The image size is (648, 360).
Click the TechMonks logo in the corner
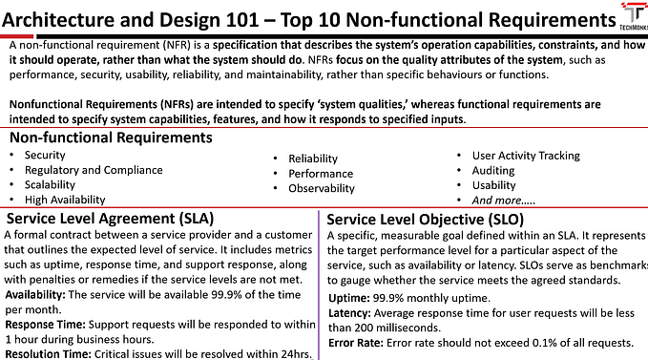point(630,21)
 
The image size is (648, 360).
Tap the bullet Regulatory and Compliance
point(80,170)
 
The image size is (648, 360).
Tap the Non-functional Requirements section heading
point(109,138)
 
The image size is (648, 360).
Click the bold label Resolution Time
point(47,353)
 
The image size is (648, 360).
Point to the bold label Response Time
point(45,323)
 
